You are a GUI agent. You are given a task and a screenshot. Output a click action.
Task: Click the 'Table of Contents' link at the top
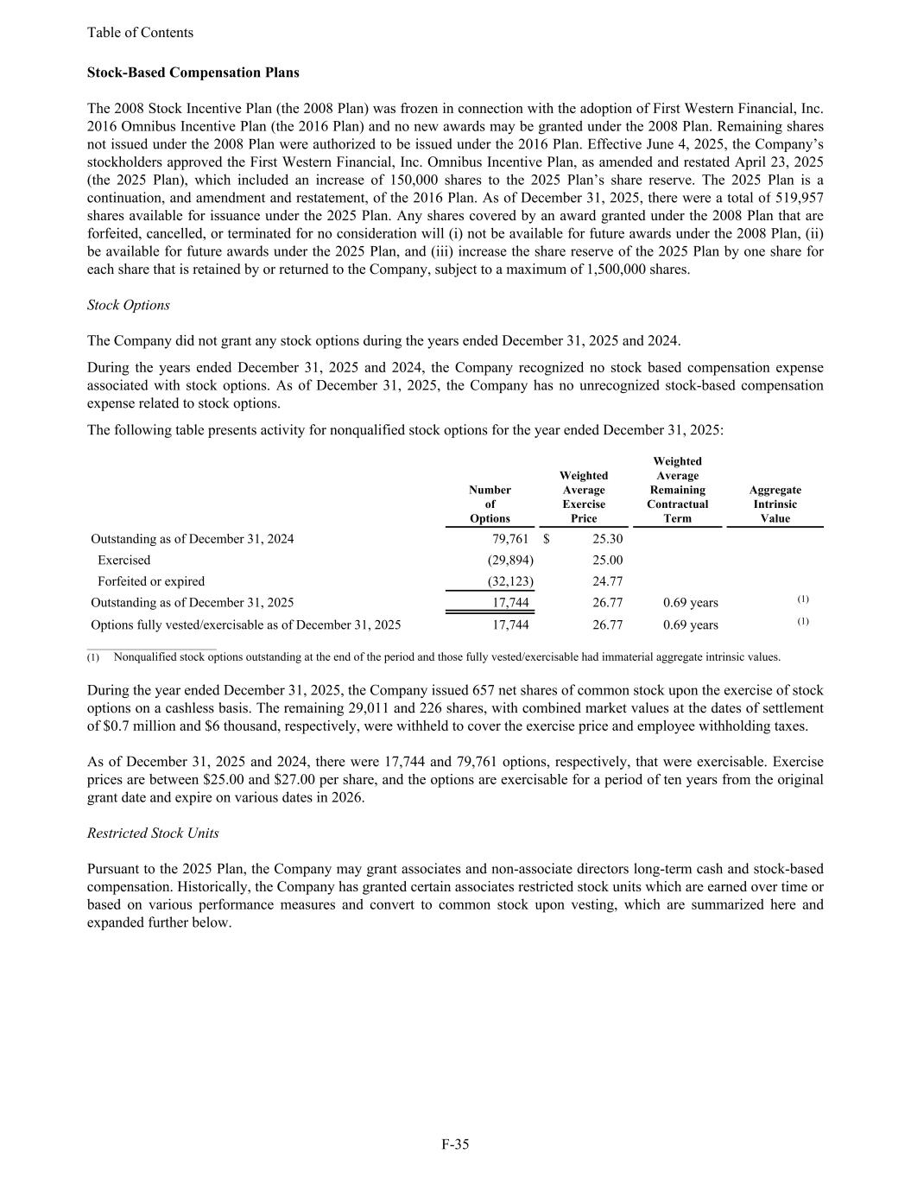(140, 33)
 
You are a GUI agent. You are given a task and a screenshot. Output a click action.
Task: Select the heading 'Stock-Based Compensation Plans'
(193, 73)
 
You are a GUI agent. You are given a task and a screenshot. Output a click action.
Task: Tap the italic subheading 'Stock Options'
(129, 305)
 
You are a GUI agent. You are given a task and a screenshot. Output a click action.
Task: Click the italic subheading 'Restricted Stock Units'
(153, 833)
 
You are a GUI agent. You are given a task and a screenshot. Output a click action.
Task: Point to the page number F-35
(455, 1144)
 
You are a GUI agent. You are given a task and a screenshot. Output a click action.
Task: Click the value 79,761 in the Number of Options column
(509, 539)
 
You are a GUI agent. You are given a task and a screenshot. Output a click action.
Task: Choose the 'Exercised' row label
(123, 560)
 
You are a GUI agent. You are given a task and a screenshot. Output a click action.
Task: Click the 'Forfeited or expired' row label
(151, 581)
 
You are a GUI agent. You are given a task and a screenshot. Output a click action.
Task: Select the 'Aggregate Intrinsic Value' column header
(775, 504)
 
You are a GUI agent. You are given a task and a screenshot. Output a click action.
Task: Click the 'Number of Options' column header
(490, 504)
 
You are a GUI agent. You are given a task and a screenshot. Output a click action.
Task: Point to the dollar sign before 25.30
(547, 539)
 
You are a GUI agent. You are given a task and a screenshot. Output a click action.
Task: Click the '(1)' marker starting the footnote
(93, 657)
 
